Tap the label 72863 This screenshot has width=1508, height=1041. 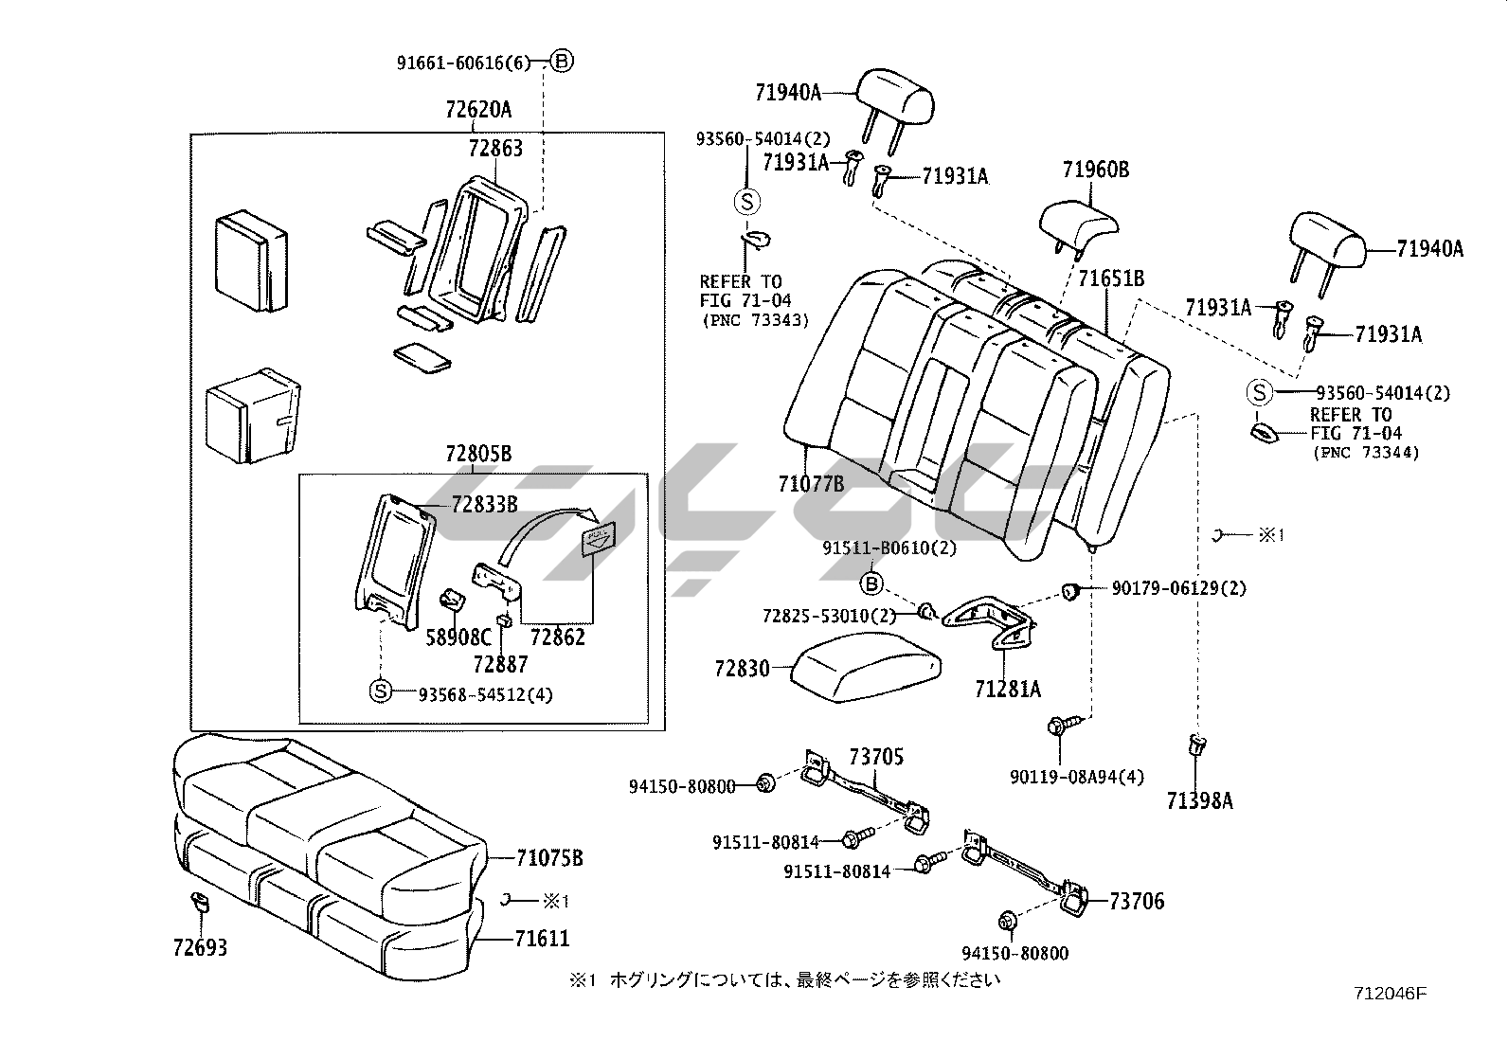(x=494, y=149)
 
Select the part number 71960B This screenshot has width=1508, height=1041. (x=1095, y=170)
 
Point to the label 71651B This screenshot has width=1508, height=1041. (x=1111, y=278)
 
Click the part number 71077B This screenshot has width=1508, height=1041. (x=811, y=484)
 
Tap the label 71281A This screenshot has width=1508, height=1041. (x=1008, y=690)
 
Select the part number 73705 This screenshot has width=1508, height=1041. (x=876, y=756)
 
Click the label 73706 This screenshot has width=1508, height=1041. (x=1137, y=901)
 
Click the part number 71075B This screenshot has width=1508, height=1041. (x=549, y=858)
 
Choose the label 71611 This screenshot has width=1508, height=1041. (x=543, y=939)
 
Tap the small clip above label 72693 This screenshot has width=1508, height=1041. (x=200, y=901)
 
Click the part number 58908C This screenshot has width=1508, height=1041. (x=458, y=637)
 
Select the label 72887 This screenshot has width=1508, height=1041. (x=500, y=664)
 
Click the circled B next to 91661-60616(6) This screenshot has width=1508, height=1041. (x=562, y=63)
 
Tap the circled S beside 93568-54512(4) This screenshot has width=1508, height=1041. (x=380, y=692)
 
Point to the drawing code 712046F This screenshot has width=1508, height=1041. (x=1390, y=994)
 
